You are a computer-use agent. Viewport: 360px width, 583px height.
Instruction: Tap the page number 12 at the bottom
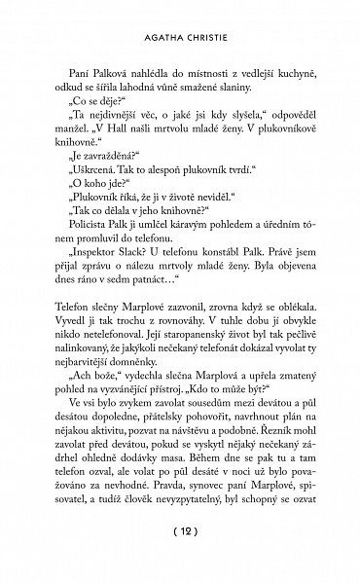tap(179, 558)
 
